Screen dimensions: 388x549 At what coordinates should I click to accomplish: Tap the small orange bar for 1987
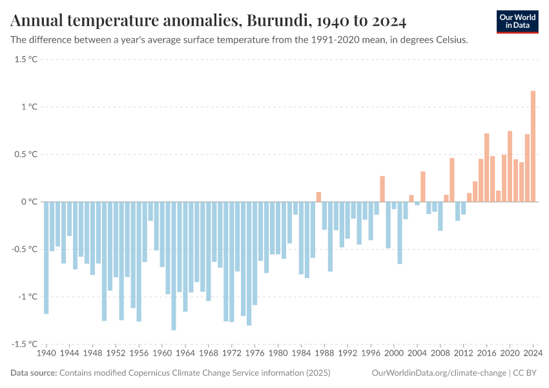click(x=318, y=197)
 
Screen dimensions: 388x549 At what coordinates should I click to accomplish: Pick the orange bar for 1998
click(x=382, y=189)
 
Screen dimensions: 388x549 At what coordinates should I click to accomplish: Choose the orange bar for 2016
click(x=486, y=167)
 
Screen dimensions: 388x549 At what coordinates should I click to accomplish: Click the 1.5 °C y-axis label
click(x=26, y=59)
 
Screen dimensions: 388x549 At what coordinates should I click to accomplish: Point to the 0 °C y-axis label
click(x=29, y=202)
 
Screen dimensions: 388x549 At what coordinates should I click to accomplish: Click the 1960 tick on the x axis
click(x=162, y=354)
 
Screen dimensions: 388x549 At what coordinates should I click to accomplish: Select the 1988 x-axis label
click(x=324, y=354)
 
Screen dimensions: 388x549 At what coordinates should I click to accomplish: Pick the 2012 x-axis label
click(x=463, y=354)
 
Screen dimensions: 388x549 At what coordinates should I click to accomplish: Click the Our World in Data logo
click(x=517, y=21)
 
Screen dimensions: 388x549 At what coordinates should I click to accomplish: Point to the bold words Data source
click(x=34, y=373)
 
